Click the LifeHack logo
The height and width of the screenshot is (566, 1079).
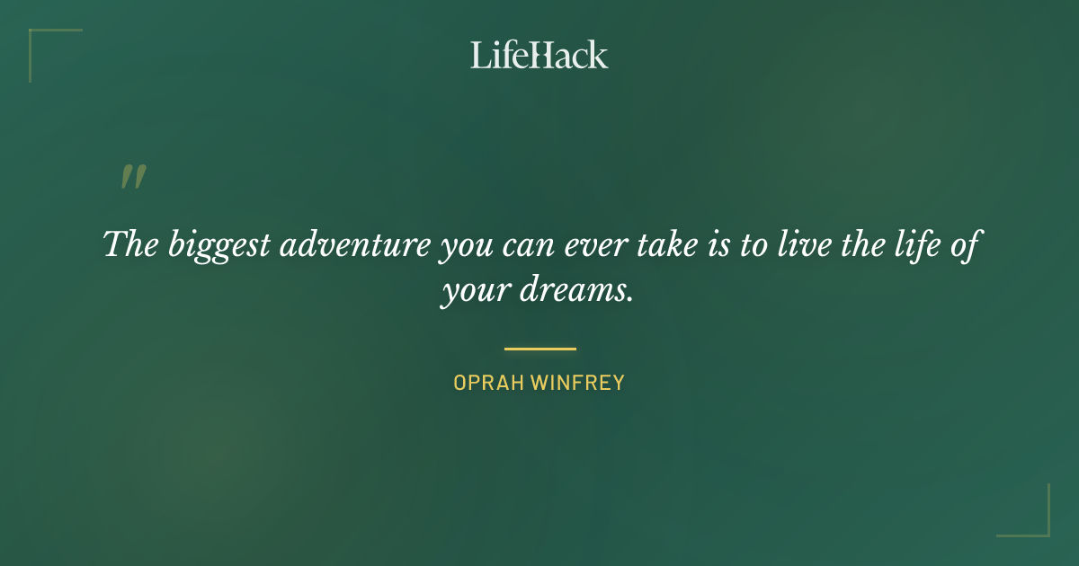pos(539,55)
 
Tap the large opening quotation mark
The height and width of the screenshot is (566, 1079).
pos(133,177)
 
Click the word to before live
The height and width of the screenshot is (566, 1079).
pos(754,245)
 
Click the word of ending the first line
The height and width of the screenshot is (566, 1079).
pos(962,244)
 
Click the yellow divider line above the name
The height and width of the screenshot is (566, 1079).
pos(539,349)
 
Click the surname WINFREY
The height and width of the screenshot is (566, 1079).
pos(578,383)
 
